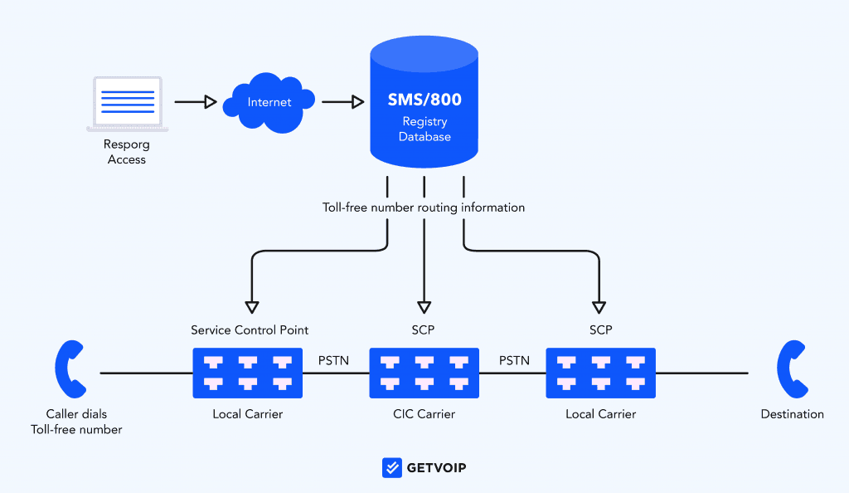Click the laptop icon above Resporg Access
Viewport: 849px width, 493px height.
[127, 104]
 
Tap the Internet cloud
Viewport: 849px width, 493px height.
[269, 102]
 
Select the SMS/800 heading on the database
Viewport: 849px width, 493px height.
[424, 99]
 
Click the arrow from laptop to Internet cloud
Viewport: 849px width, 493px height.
[196, 101]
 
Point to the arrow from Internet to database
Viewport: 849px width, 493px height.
[342, 101]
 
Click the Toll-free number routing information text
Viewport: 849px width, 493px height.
[424, 207]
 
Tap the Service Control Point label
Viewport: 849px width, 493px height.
[250, 330]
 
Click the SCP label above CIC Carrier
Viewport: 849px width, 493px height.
[423, 330]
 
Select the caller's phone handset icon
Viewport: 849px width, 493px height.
[70, 369]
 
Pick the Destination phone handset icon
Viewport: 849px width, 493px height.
[792, 369]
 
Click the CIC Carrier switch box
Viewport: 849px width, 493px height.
[424, 373]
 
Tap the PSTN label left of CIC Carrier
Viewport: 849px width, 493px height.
[333, 361]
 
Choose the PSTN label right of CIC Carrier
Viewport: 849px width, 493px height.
[514, 361]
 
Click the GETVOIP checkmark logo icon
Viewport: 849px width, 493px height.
[392, 467]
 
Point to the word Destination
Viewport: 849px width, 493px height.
[792, 414]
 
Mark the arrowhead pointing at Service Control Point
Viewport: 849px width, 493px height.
[252, 308]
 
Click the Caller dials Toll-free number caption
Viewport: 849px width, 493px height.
[76, 422]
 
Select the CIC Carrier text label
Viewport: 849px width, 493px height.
[424, 414]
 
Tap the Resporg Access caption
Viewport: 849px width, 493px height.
[127, 152]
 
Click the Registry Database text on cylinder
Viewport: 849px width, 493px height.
[424, 129]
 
